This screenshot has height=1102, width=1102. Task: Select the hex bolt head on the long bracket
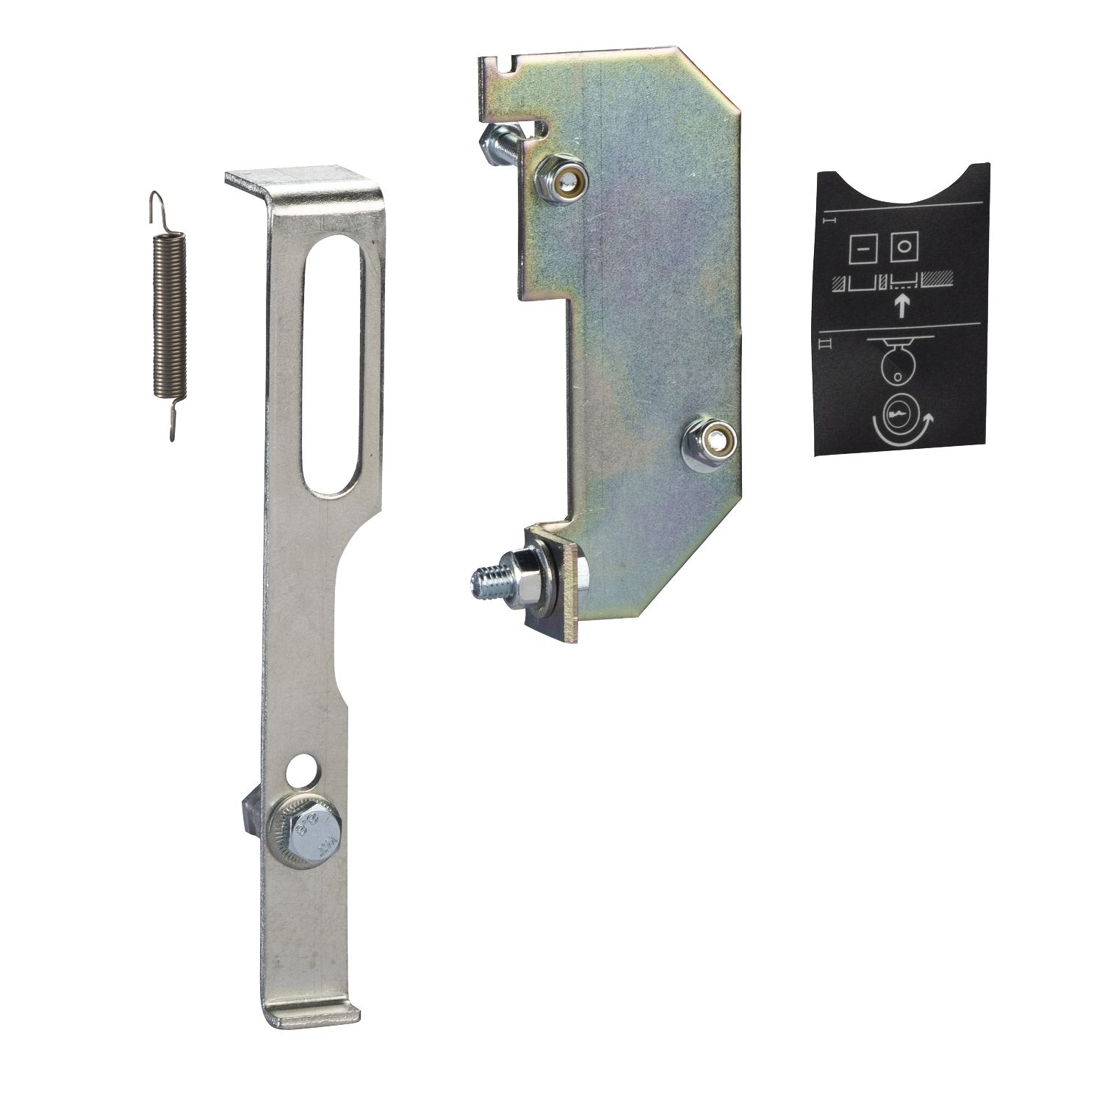(x=307, y=838)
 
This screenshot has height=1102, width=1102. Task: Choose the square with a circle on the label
(x=904, y=248)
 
